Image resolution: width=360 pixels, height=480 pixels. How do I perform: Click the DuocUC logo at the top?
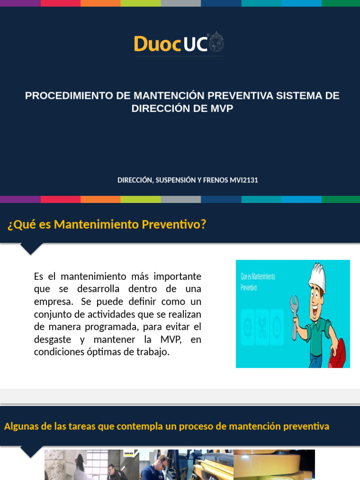click(x=179, y=44)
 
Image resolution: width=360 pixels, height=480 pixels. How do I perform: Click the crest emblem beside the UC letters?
click(x=216, y=43)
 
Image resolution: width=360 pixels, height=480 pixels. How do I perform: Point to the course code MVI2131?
click(x=244, y=180)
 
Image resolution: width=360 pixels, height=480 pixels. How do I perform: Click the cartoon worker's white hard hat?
click(x=317, y=276)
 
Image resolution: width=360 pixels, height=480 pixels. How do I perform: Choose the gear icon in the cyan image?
click(x=247, y=327)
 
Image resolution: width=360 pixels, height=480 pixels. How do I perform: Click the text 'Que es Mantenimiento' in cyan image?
click(x=258, y=277)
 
